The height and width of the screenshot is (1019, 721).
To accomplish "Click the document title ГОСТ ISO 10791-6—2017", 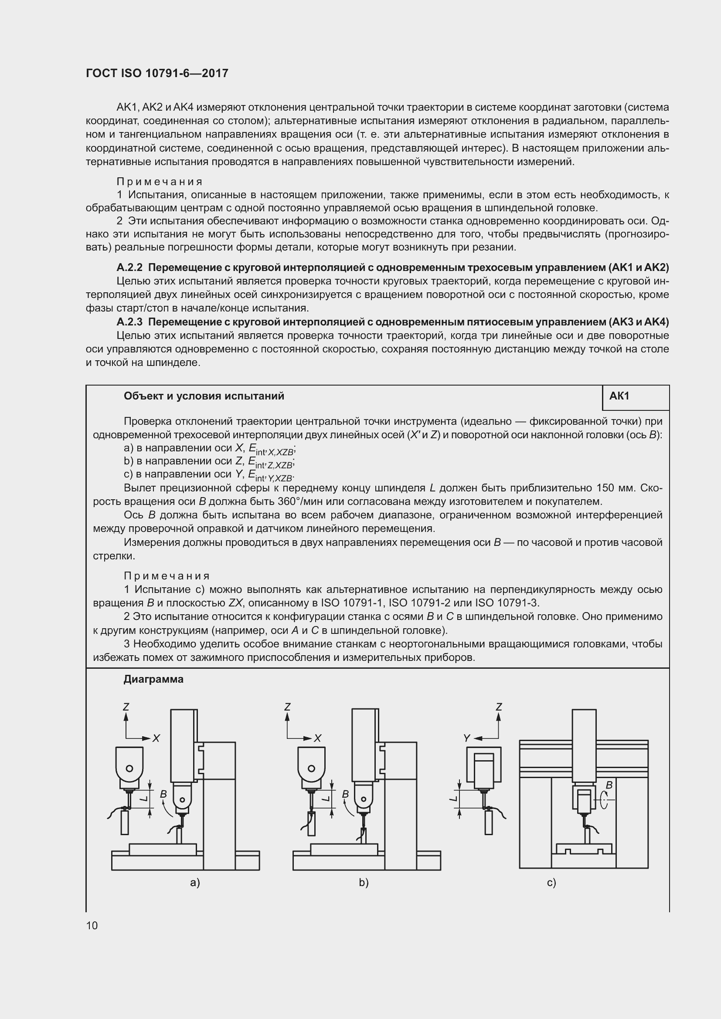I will pos(157,73).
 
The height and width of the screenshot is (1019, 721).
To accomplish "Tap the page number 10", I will pos(92,925).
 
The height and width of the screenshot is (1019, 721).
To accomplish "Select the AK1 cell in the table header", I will pos(619,396).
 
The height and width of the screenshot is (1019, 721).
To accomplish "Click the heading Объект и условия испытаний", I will pos(204,396).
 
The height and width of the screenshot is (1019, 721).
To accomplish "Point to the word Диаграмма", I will pos(153,680).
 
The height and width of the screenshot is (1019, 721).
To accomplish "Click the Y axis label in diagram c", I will pos(466,738).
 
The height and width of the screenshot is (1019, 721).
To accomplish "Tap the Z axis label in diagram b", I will pos(287,707).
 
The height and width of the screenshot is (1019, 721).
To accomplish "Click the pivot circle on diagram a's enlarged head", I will pos(129,768).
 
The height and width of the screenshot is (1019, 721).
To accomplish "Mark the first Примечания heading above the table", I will pos(160,182).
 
